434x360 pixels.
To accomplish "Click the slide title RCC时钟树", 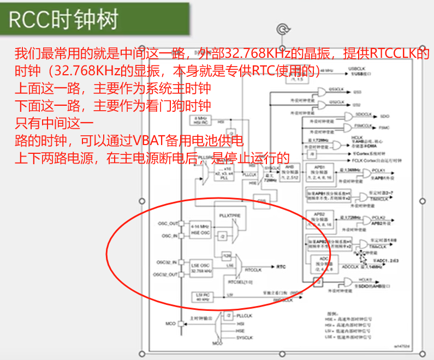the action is point(64,20).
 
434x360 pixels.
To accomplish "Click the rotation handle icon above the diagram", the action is point(282,29).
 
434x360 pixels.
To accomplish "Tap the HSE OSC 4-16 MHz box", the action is point(199,229).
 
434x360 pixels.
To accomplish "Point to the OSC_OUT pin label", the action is point(168,224).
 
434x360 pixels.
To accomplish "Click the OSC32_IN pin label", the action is point(167,262).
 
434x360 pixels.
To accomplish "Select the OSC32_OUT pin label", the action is point(166,274).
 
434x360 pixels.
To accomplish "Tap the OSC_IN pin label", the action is point(169,236).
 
